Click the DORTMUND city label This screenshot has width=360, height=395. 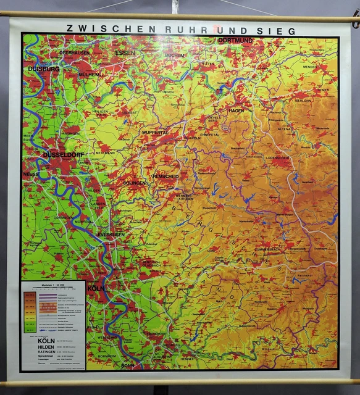tap(235, 41)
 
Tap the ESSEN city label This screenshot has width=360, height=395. tap(125, 53)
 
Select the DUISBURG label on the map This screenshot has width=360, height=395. tap(44, 70)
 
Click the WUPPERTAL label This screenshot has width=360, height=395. tap(155, 133)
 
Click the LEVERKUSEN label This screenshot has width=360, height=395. tap(111, 235)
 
